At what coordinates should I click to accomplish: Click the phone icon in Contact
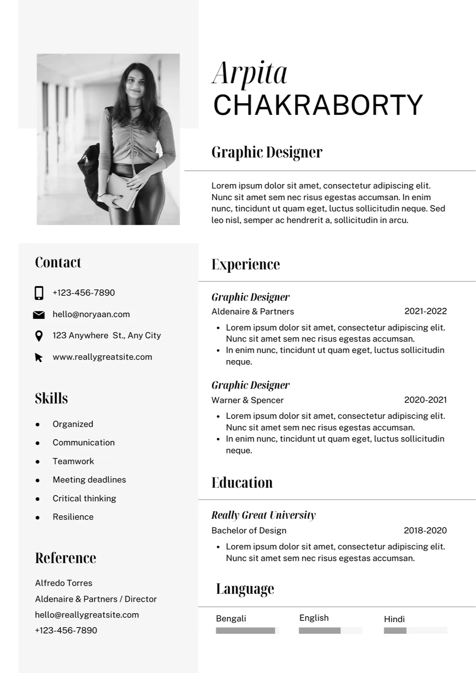point(39,293)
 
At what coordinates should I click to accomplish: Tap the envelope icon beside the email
point(39,315)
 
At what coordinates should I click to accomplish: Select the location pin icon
point(39,336)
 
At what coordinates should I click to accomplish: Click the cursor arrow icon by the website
point(39,358)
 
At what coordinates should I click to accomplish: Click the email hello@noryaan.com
point(91,314)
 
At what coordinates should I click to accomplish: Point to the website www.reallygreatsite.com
point(102,357)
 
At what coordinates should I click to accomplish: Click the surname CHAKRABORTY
point(318,105)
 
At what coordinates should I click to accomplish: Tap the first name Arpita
point(250,73)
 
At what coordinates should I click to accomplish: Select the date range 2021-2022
point(425,311)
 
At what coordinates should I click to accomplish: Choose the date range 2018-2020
point(425,530)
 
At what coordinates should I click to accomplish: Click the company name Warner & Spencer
point(247,400)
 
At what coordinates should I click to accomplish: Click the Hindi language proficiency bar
point(415,631)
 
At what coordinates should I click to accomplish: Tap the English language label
point(314,618)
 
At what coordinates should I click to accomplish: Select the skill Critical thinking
point(84,498)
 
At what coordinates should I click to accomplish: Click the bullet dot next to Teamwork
point(38,462)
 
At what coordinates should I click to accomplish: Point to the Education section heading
point(242,482)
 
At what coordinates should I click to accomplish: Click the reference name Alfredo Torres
point(64,583)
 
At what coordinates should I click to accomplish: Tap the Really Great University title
point(263,515)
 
